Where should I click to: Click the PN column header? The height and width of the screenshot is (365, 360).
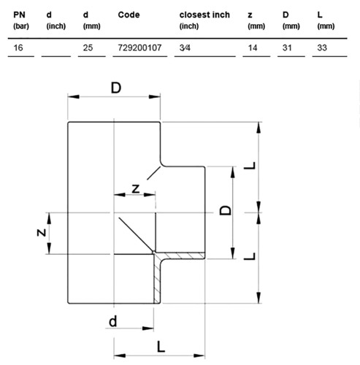tap(21, 20)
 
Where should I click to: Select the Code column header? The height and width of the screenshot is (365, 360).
tap(129, 15)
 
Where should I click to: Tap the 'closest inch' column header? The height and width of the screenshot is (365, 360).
tap(204, 20)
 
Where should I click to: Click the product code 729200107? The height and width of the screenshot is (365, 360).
tap(139, 47)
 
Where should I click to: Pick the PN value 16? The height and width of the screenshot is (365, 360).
tap(18, 47)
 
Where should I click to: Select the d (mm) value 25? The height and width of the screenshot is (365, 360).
tap(88, 47)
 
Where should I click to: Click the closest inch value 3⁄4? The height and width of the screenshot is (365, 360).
tap(185, 47)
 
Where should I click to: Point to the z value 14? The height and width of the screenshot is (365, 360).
tap(253, 47)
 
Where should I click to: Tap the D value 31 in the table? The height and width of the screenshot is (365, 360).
tap(287, 47)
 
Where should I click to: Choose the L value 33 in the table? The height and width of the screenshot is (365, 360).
tap(322, 47)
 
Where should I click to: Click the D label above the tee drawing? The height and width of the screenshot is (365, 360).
tap(116, 88)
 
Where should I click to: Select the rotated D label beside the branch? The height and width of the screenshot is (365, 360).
tap(226, 210)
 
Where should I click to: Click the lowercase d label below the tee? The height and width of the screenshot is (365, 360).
tap(112, 321)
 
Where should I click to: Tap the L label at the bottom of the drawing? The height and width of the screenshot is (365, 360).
tap(161, 347)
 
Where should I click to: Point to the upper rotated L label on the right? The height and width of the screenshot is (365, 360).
tap(250, 166)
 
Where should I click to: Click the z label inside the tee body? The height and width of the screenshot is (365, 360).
tap(136, 189)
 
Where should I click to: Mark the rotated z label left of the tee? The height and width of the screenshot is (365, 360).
tap(42, 233)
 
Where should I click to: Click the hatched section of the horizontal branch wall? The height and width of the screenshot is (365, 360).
tap(180, 255)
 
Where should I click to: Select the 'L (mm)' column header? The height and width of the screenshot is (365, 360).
tap(326, 20)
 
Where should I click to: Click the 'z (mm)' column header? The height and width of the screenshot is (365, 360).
tap(256, 20)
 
